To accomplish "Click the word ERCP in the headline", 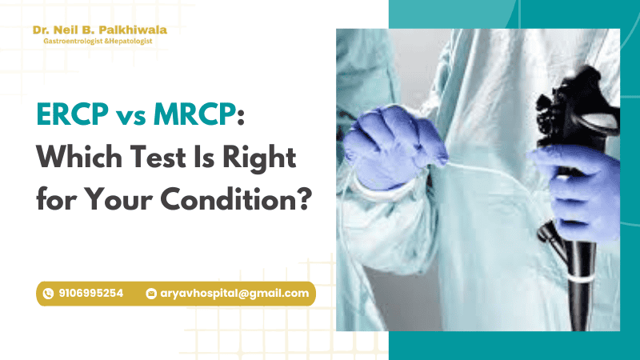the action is click(x=73, y=114).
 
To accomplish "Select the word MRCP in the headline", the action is click(x=195, y=114).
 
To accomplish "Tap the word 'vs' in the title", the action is click(x=131, y=117).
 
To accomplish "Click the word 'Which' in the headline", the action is click(x=79, y=156).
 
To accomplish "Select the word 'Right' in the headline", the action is click(x=259, y=159).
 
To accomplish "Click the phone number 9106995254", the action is click(x=91, y=293).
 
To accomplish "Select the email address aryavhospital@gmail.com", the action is click(x=234, y=294).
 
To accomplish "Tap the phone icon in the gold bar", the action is click(x=48, y=294).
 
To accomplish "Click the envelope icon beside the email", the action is click(x=151, y=294).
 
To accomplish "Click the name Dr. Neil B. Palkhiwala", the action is click(x=100, y=30).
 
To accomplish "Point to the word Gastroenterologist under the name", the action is click(x=73, y=41).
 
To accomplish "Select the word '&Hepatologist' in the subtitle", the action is click(x=128, y=41).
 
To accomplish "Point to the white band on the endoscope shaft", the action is click(x=582, y=279).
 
